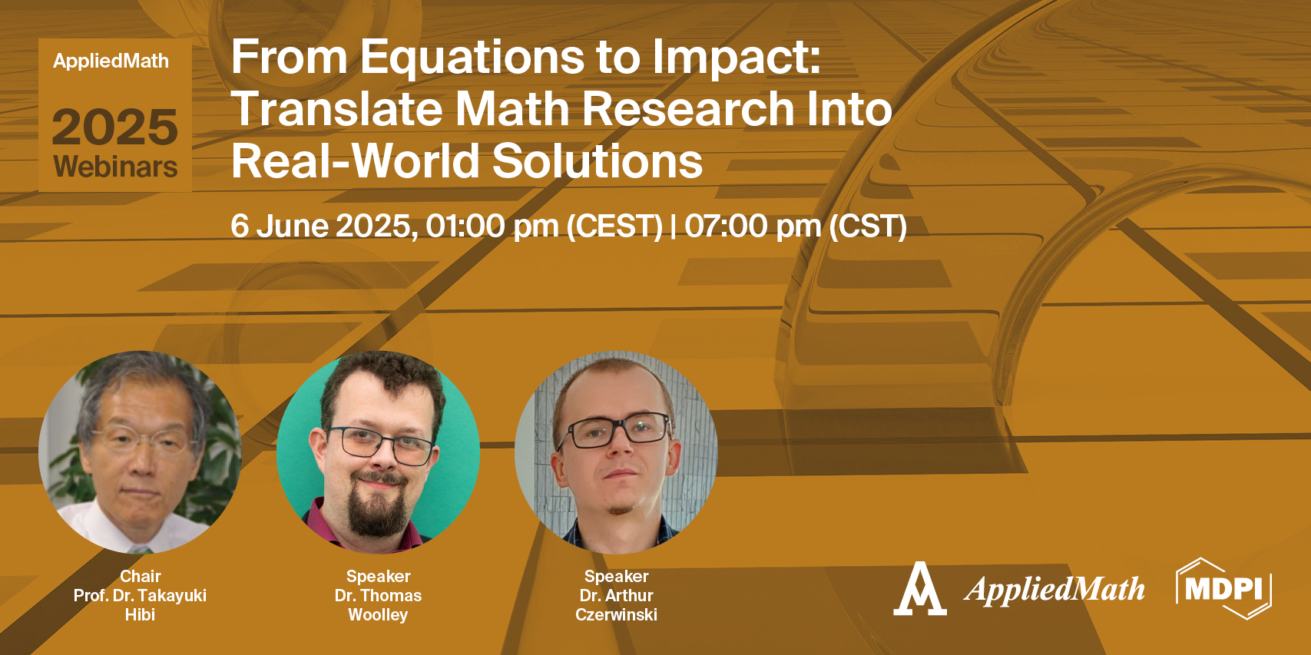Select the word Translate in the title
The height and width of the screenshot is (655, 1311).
337,109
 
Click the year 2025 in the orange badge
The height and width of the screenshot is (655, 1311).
115,127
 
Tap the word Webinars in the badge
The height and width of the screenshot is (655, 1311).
115,167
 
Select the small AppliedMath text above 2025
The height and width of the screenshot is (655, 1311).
111,61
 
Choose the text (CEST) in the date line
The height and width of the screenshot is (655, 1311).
614,227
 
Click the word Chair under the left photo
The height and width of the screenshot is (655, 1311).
141,576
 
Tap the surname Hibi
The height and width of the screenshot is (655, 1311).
141,614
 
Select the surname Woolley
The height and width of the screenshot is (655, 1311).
378,614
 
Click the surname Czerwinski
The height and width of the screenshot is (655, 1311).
616,614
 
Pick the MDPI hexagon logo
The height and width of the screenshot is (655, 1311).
1223,589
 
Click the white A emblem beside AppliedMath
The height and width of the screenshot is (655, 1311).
919,590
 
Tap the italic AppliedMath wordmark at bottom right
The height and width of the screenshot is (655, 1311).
1054,590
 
